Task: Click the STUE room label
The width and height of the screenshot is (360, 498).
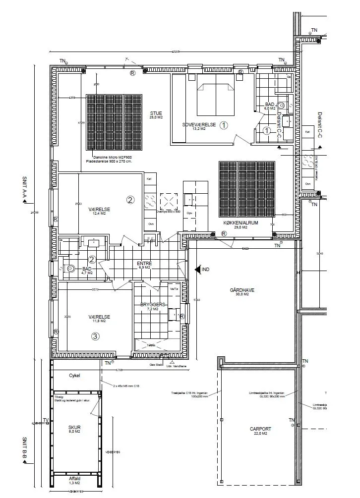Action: [x=156, y=113]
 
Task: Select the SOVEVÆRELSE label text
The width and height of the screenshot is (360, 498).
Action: [x=199, y=125]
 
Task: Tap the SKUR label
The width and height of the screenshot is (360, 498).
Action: [x=74, y=427]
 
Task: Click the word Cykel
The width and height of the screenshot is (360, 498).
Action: [x=74, y=375]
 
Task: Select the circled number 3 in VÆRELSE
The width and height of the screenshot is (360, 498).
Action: [x=96, y=336]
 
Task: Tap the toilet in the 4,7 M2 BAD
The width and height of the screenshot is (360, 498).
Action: [x=70, y=268]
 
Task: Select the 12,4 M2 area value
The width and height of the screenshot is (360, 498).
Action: [x=99, y=214]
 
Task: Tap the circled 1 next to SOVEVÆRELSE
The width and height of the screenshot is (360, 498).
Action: [x=224, y=125]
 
